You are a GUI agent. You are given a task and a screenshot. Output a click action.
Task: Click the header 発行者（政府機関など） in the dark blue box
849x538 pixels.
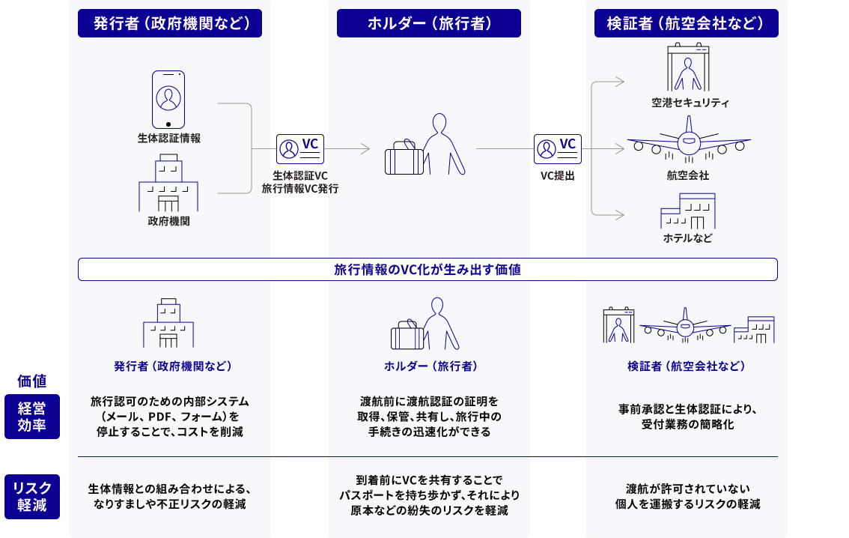tap(170, 23)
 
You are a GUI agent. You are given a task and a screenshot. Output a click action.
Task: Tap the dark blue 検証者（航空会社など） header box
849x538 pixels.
tap(687, 23)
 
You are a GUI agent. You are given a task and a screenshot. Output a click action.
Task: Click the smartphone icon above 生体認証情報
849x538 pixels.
tap(168, 100)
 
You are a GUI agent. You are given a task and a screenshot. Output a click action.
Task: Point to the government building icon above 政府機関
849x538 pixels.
tap(168, 184)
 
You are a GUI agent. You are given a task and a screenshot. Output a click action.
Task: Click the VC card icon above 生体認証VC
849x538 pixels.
tap(299, 149)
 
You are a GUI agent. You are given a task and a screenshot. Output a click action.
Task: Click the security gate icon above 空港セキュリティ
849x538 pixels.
tap(688, 69)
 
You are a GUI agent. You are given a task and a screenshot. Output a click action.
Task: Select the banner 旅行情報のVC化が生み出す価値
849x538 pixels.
tap(427, 270)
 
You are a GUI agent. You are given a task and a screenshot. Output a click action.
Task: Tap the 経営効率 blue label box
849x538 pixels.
tap(31, 417)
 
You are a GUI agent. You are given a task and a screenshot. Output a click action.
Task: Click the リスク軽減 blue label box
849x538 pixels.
tap(31, 497)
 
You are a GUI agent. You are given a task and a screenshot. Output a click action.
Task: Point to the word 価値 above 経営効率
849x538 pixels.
tap(32, 381)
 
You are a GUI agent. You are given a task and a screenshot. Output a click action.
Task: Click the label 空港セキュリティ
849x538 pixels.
tap(690, 103)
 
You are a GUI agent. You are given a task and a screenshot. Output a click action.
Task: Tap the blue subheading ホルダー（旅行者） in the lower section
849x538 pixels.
tap(430, 366)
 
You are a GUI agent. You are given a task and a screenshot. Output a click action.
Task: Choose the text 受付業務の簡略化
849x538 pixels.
tap(687, 425)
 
